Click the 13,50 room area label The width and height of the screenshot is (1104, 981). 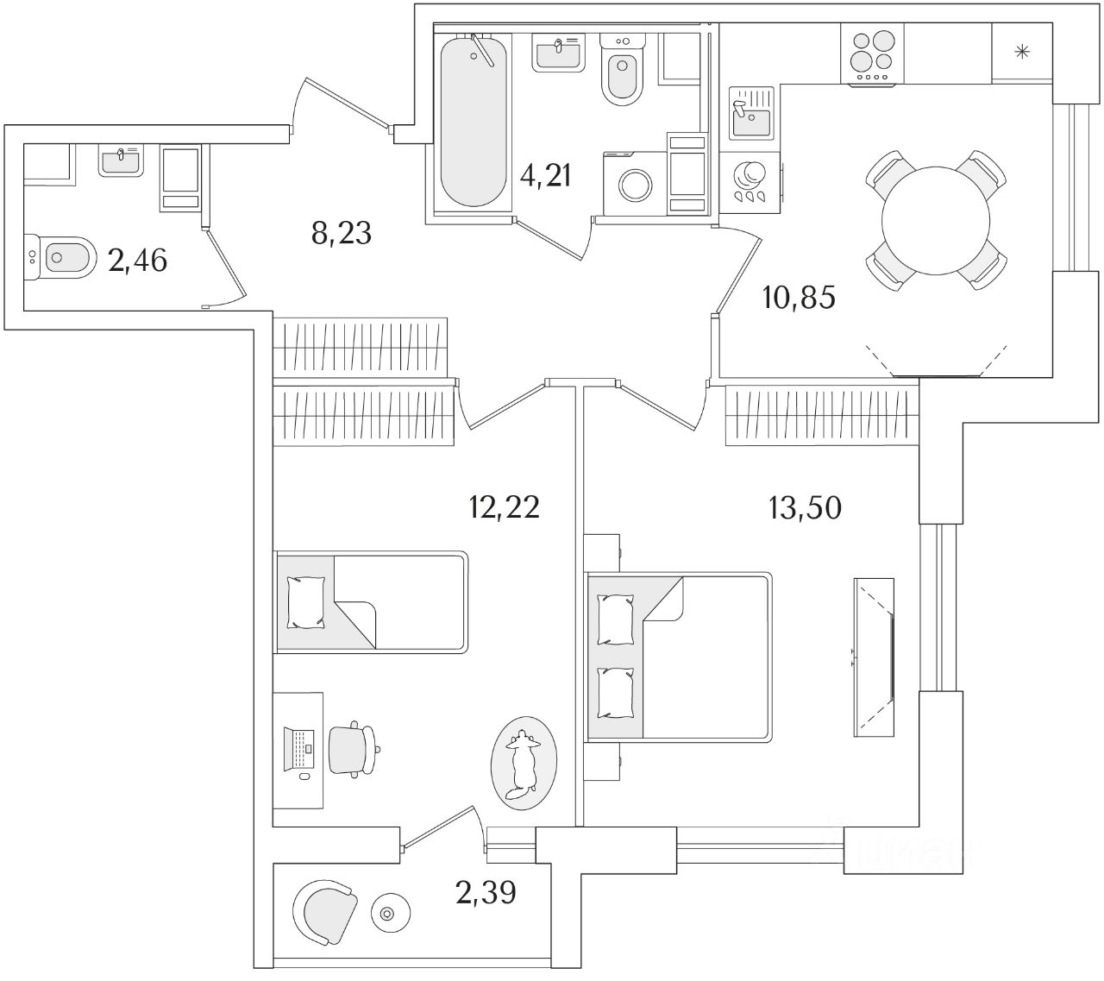point(805,508)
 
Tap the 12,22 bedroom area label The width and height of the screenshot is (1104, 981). point(504,507)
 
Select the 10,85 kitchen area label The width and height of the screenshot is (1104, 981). point(799,299)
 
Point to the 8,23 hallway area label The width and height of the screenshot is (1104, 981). point(342,231)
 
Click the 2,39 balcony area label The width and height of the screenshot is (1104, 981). point(486,892)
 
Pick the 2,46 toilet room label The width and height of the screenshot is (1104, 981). point(137,259)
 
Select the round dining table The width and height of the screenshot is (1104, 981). point(936,219)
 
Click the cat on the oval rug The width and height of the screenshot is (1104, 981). point(521,762)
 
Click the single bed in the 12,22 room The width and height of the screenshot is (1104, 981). point(372,601)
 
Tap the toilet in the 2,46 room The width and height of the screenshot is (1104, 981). point(61,257)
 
